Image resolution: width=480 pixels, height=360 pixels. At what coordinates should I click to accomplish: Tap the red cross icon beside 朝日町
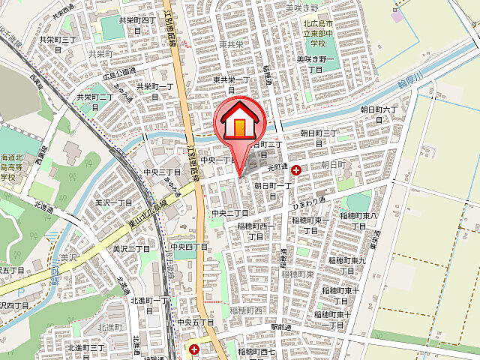click(296, 171)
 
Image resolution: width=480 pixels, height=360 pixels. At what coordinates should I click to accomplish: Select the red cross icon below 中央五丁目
click(194, 349)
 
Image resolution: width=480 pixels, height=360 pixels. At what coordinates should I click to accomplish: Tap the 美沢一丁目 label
click(113, 202)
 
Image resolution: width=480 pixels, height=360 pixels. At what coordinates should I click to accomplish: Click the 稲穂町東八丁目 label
click(358, 220)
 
